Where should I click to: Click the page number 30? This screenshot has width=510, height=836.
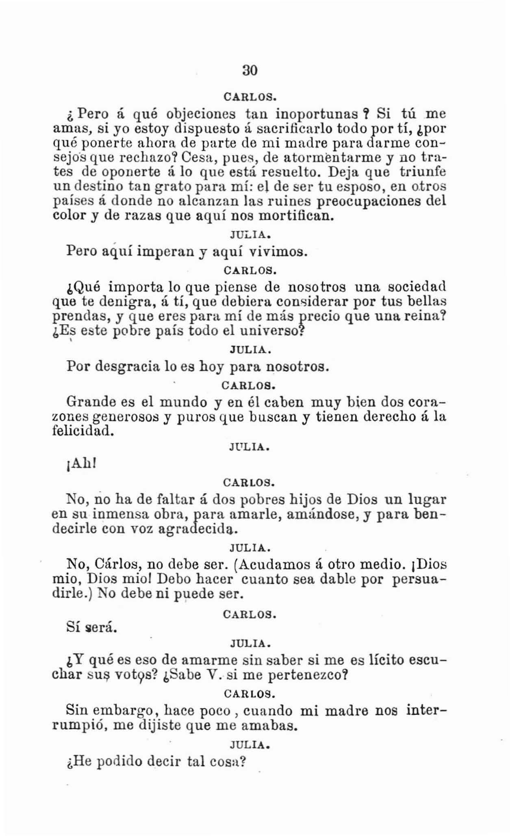point(250,70)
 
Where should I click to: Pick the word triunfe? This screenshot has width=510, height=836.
point(423,172)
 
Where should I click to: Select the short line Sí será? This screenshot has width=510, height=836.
point(91,628)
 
